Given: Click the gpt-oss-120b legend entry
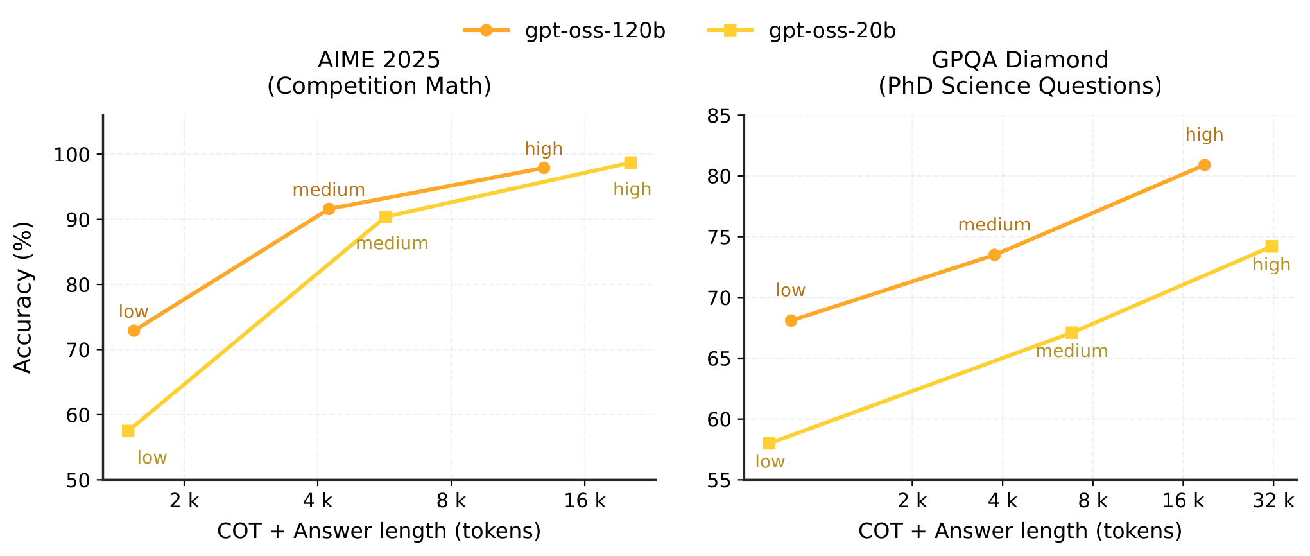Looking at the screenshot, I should (x=594, y=30).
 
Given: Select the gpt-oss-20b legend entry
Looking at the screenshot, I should (x=832, y=30).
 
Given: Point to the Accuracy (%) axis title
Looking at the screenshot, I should (x=23, y=297).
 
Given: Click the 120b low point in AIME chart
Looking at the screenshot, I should (x=134, y=331).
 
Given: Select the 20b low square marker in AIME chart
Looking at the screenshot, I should (x=128, y=431).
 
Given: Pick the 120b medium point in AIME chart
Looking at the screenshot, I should (x=329, y=209).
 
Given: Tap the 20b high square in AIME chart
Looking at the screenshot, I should (x=630, y=162).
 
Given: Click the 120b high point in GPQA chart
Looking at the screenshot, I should (x=1204, y=165).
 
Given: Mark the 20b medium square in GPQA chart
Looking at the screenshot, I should (x=1072, y=333).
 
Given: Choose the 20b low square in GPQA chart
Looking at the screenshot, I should (x=769, y=444).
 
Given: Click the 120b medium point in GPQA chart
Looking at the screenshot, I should (x=994, y=255).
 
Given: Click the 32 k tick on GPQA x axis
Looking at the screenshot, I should (x=1273, y=501).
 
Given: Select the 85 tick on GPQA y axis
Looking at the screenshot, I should (x=719, y=116).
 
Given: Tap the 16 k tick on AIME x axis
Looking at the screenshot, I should (x=585, y=501).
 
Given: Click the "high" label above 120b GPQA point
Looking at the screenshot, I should (x=1204, y=135).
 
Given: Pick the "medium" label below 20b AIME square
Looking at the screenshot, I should (x=392, y=243).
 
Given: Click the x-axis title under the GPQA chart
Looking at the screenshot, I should (x=1020, y=531).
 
